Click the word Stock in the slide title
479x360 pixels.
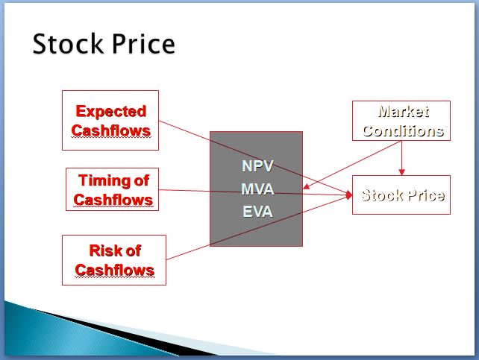(x=67, y=44)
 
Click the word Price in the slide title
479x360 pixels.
(x=143, y=44)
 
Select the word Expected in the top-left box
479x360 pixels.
(x=111, y=112)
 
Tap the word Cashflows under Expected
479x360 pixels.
(x=111, y=130)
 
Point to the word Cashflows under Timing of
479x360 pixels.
(x=113, y=200)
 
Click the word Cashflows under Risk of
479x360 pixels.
(x=115, y=270)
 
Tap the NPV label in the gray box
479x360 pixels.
(x=257, y=166)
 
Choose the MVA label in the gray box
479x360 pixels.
(x=257, y=189)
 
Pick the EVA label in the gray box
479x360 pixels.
(x=257, y=212)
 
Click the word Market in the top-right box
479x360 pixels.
(x=404, y=111)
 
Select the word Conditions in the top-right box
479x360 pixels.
(x=403, y=131)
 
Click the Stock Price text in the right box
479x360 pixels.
(x=403, y=195)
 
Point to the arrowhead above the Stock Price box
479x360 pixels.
(x=401, y=172)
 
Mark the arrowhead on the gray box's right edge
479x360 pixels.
(x=306, y=186)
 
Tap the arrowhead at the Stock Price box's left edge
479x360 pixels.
(x=349, y=195)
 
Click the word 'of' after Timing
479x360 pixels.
(x=142, y=180)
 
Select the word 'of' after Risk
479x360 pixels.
(x=134, y=250)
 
